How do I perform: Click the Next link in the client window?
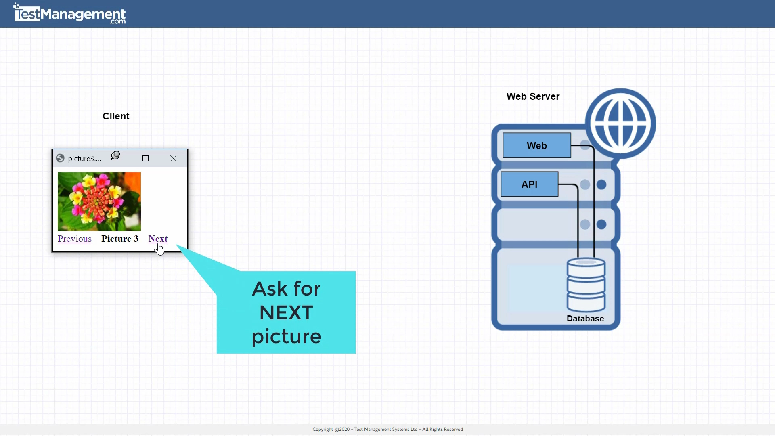(158, 239)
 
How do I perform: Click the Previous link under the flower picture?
(75, 239)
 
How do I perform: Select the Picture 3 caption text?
(120, 239)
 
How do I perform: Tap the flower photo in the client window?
(99, 201)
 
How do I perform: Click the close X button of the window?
(174, 159)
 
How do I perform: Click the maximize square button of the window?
(146, 159)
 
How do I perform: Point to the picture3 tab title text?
(84, 159)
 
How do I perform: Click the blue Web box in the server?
(536, 145)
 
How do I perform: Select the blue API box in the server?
(529, 184)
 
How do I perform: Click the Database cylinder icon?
(586, 285)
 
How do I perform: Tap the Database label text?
(585, 319)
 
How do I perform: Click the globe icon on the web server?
(620, 123)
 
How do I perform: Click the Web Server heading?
(533, 96)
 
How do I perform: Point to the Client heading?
(116, 116)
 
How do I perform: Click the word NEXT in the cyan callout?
(286, 312)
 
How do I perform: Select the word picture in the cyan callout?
(286, 337)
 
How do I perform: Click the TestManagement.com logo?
(70, 14)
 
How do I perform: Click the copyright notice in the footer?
(387, 429)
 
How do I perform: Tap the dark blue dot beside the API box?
(601, 184)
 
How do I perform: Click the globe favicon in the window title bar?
(60, 158)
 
